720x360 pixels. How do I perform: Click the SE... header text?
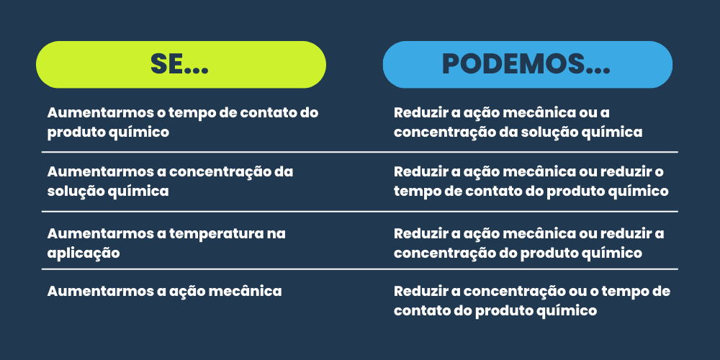point(179,64)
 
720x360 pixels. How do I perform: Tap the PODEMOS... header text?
point(526,64)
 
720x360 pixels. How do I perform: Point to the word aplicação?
point(84,253)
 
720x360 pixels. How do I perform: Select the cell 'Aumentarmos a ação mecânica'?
point(164,292)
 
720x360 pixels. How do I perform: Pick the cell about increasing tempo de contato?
point(183,122)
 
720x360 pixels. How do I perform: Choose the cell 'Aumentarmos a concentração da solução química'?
point(171,181)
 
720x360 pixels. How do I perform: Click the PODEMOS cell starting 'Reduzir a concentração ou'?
point(532,301)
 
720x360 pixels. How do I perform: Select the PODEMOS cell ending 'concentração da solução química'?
point(518,122)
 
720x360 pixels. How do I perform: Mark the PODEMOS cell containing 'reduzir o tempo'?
point(531,181)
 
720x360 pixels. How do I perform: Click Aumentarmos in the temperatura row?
point(99,234)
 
